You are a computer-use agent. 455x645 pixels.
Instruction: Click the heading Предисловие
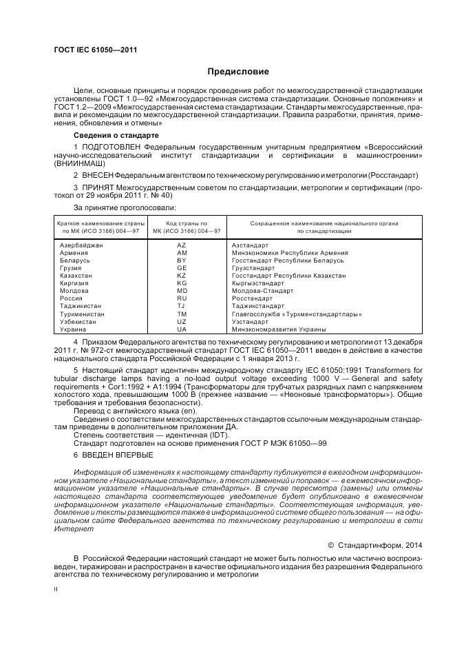[239, 72]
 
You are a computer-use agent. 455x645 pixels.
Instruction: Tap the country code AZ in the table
[182, 245]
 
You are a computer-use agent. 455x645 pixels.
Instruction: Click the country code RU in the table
[182, 298]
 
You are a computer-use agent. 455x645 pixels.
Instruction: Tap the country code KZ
[182, 276]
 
